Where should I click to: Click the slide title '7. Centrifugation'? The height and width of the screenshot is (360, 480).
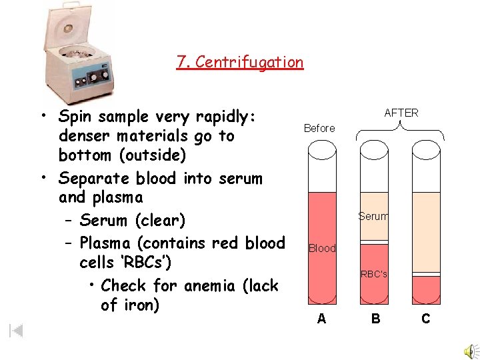239,63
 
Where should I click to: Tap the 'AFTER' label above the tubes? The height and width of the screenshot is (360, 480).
401,113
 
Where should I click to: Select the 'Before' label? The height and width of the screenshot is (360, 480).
319,129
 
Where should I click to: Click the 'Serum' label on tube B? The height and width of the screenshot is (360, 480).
373,216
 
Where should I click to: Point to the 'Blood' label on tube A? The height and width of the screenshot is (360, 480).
322,249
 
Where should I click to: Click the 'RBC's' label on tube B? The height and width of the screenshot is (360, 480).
374,274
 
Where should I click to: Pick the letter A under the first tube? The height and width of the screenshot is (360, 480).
322,319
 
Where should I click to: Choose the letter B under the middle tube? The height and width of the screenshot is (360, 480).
376,319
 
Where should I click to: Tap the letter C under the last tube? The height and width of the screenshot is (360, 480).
426,319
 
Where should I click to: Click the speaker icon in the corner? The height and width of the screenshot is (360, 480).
470,351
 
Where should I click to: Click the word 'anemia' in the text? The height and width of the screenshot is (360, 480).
209,286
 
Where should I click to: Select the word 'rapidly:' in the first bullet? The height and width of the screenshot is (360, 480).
224,117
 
